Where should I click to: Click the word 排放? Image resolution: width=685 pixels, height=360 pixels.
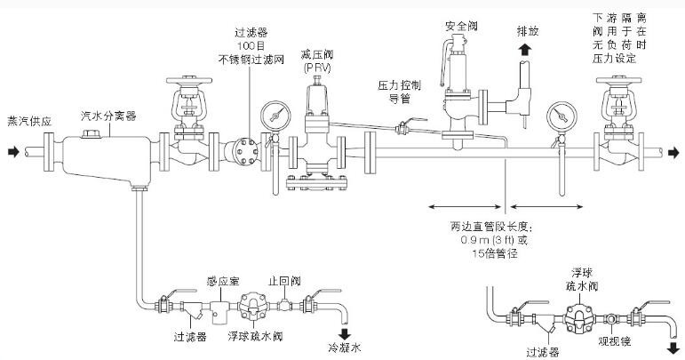pyautogui.click(x=529, y=29)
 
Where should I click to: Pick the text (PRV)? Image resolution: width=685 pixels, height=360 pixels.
pyautogui.click(x=315, y=68)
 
